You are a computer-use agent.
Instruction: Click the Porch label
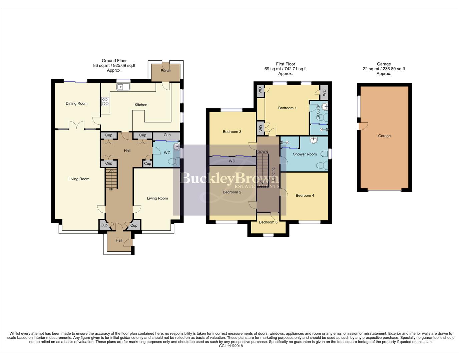click(165, 71)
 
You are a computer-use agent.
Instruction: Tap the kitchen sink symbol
click(123, 87)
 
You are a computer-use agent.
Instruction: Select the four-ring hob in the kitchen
click(105, 101)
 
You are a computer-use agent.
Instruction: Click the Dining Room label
click(76, 104)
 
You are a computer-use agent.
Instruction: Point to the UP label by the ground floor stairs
click(111, 189)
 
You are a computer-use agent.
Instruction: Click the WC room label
click(167, 153)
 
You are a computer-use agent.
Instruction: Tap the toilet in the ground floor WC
click(174, 162)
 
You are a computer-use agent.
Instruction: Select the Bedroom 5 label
click(268, 222)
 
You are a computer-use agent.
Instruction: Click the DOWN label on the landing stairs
click(263, 152)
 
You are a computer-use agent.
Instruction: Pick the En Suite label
click(318, 113)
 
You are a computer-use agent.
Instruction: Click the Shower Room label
click(305, 154)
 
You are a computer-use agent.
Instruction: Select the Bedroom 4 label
click(305, 196)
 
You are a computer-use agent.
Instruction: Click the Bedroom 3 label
click(232, 132)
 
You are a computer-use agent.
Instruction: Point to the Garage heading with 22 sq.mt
click(384, 69)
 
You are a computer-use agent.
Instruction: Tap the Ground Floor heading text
click(114, 65)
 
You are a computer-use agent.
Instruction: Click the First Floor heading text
click(285, 69)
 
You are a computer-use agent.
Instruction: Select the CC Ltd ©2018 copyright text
click(231, 346)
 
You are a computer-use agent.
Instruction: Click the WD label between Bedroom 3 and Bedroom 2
click(232, 161)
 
